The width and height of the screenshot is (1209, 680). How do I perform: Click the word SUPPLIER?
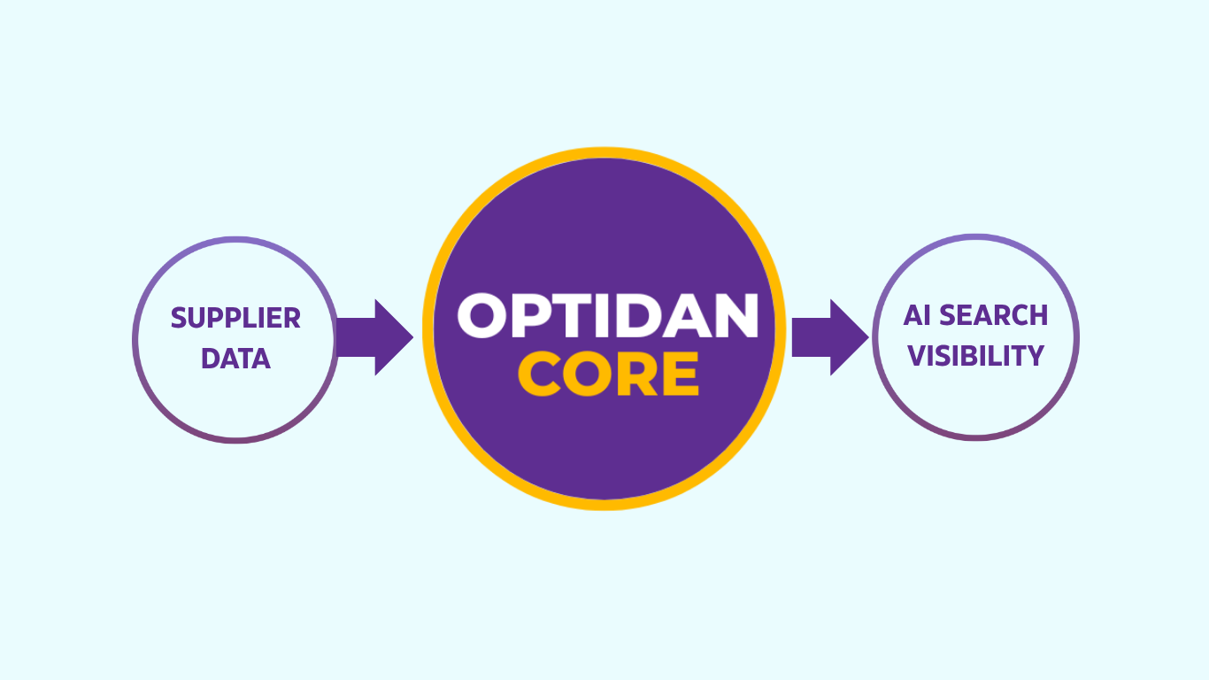235,318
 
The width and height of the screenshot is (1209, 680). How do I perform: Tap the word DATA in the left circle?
235,359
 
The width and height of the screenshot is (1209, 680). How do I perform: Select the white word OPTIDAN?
608,316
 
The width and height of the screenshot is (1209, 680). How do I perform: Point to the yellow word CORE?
608,374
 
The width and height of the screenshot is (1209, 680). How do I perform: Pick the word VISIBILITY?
976,356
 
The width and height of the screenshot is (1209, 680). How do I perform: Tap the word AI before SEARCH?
918,315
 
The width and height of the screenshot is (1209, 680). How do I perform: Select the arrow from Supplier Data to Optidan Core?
373,337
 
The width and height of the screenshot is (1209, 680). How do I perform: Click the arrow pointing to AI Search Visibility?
828,337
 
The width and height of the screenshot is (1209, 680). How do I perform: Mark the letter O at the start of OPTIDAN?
486,316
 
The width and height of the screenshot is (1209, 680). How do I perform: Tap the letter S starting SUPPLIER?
178,318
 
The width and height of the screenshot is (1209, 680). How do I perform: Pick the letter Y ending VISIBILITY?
1036,356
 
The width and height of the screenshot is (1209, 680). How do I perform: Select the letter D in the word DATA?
210,359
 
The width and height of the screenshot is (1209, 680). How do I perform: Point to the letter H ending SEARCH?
1039,315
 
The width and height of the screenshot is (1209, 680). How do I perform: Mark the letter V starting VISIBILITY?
917,356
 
